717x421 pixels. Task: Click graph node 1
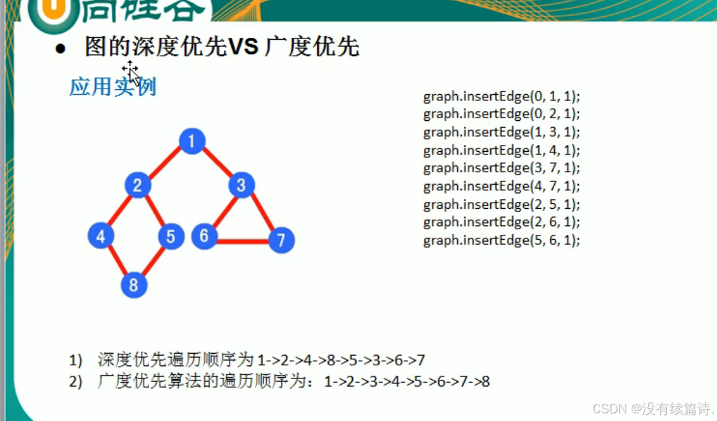192,141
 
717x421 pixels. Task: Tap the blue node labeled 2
137,185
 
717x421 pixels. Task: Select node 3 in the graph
241,185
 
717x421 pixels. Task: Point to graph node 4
100,236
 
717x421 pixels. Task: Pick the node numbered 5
171,236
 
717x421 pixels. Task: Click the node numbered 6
204,236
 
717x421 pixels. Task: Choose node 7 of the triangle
281,240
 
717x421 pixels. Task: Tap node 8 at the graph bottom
134,285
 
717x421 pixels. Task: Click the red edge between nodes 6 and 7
243,240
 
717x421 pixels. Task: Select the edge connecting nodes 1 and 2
165,163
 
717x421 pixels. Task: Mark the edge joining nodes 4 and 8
118,261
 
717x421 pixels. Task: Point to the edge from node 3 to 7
263,212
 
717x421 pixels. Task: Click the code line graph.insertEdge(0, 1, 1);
502,97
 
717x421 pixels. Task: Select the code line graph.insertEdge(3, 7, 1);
502,168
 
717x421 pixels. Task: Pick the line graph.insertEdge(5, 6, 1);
502,240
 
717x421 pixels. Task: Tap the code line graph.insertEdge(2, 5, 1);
502,205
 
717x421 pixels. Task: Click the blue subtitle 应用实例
113,87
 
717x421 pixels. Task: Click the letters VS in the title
243,46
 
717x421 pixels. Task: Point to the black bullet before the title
60,48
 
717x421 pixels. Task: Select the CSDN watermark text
653,408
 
